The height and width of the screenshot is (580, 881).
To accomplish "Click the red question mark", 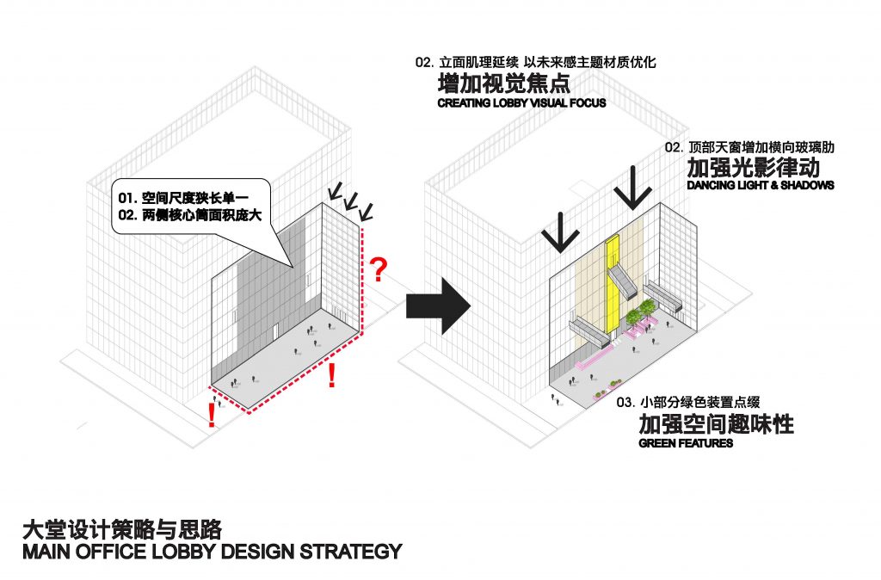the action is pyautogui.click(x=379, y=269).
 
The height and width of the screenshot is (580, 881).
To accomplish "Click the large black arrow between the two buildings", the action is pyautogui.click(x=438, y=305).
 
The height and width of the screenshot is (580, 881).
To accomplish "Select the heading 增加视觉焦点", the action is pyautogui.click(x=504, y=83).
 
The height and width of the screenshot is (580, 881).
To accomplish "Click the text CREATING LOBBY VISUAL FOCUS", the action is pyautogui.click(x=521, y=103).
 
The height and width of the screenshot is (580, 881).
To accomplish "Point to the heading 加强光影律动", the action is pyautogui.click(x=753, y=168).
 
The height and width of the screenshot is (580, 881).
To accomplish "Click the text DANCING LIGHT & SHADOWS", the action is pyautogui.click(x=761, y=185).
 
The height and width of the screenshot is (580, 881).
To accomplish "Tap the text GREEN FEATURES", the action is pyautogui.click(x=686, y=443).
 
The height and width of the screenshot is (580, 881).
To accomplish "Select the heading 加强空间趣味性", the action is pyautogui.click(x=717, y=424).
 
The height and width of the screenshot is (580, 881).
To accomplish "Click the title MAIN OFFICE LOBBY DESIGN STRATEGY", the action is pyautogui.click(x=213, y=552).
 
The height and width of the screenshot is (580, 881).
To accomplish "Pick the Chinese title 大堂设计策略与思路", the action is pyautogui.click(x=122, y=529).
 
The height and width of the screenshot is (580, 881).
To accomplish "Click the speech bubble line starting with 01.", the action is pyautogui.click(x=183, y=198).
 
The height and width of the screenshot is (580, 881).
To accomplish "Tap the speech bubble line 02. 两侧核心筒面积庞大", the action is pyautogui.click(x=190, y=214).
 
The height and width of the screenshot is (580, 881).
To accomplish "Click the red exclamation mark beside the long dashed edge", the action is pyautogui.click(x=332, y=375).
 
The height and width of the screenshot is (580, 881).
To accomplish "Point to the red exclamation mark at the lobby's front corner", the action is pyautogui.click(x=212, y=416).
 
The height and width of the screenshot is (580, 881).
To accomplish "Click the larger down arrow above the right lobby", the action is pyautogui.click(x=633, y=188).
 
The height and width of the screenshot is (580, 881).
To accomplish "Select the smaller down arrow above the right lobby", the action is pyautogui.click(x=559, y=232).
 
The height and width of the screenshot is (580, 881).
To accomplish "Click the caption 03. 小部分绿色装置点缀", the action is pyautogui.click(x=688, y=402).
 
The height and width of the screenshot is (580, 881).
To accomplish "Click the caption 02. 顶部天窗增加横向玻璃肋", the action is pyautogui.click(x=749, y=147).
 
